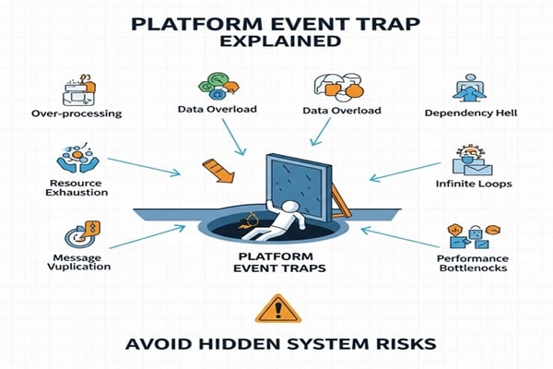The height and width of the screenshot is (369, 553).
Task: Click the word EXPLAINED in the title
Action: click(x=276, y=42)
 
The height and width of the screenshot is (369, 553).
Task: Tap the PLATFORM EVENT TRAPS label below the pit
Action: click(x=276, y=264)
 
